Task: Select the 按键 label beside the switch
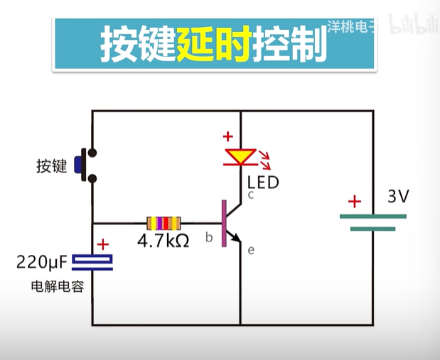coord(51,167)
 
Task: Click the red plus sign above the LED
coord(227,137)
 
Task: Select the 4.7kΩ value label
coord(163,241)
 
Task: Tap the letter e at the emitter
coord(251,249)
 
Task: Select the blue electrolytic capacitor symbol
coord(94,263)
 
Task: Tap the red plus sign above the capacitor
coord(102,244)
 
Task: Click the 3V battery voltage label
coord(398,197)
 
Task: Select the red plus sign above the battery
coord(354,202)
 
